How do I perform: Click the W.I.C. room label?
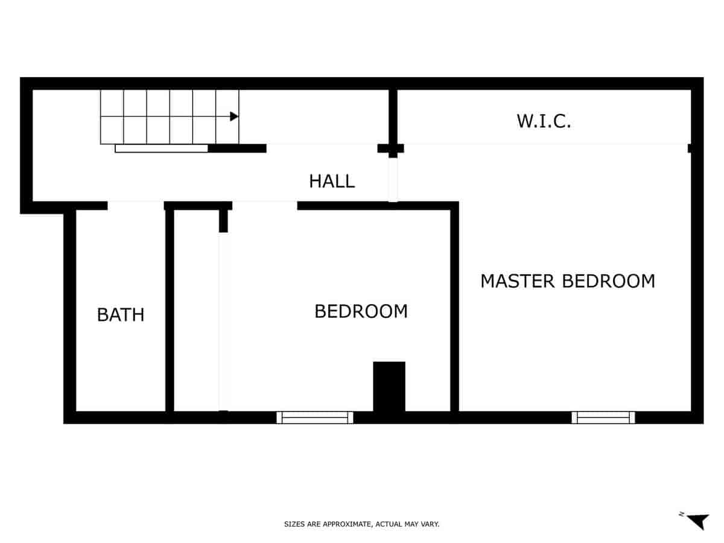(x=544, y=121)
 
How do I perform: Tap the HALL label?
(x=331, y=181)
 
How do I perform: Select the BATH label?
(x=121, y=314)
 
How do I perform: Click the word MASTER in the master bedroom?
(x=518, y=281)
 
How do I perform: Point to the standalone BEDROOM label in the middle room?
(x=361, y=311)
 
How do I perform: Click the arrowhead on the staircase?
(x=234, y=116)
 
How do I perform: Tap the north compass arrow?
(x=698, y=521)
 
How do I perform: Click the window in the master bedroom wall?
(x=603, y=418)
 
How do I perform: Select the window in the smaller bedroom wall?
(x=315, y=418)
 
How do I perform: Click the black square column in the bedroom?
(x=389, y=386)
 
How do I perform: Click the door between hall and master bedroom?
(x=393, y=180)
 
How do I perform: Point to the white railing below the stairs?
(x=162, y=148)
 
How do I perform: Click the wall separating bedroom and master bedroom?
(x=455, y=308)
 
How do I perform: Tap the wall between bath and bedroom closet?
(x=170, y=308)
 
